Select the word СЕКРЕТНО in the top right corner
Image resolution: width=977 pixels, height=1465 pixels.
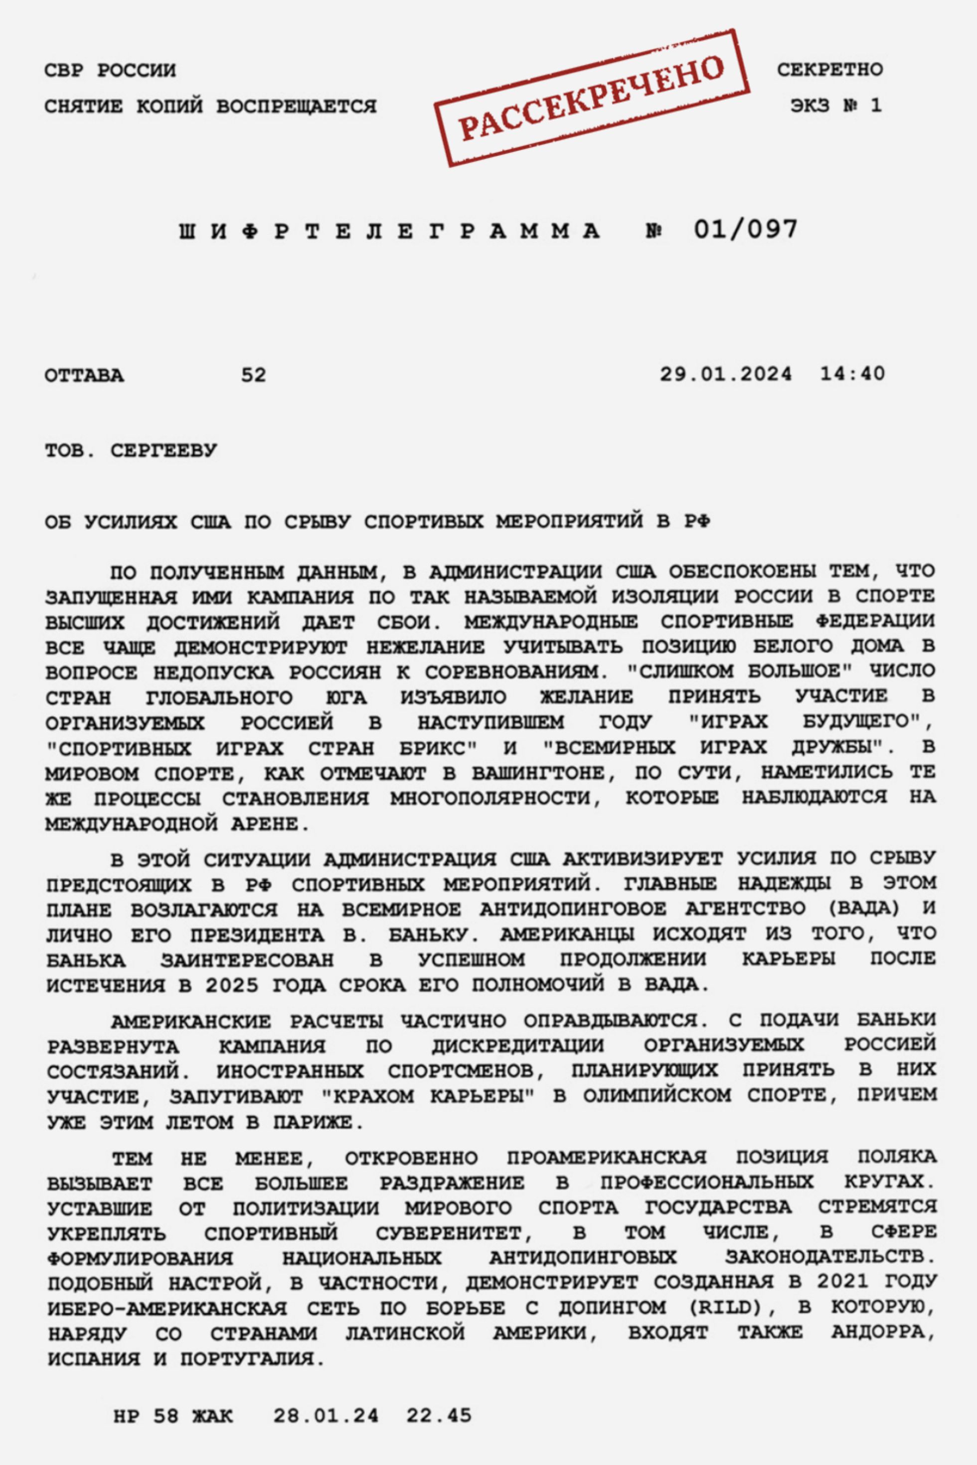(x=829, y=70)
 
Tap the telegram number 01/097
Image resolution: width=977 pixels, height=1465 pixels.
(x=745, y=230)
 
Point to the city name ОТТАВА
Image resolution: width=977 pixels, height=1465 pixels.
(x=85, y=376)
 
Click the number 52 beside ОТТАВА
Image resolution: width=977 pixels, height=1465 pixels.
(x=254, y=376)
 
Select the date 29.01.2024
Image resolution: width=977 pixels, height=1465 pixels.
(x=727, y=374)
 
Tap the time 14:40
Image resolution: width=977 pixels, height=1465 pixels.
(x=852, y=374)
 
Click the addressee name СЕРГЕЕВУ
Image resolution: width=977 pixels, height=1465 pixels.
(x=164, y=451)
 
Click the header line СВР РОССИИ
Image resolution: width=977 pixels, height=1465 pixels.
(x=110, y=70)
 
